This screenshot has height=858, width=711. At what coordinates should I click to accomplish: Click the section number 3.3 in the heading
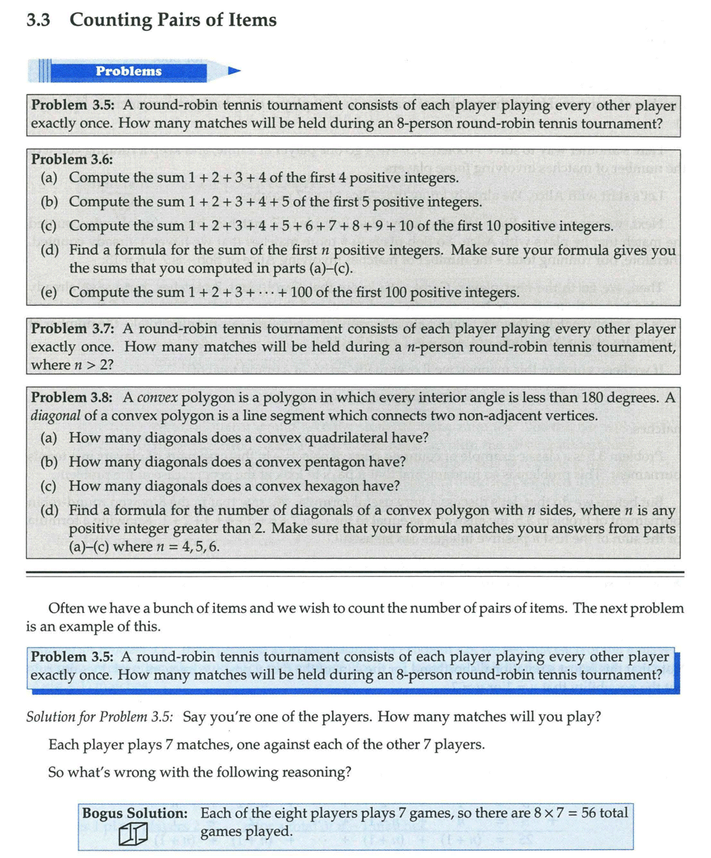(x=38, y=20)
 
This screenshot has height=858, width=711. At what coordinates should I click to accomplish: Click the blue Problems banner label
(x=128, y=71)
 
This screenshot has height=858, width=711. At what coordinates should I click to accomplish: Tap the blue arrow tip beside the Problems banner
(x=235, y=71)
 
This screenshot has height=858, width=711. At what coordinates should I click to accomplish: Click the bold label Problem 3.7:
(x=73, y=329)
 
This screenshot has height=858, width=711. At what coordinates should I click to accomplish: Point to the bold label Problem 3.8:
(x=73, y=398)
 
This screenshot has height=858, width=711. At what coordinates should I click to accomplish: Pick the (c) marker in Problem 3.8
(x=50, y=486)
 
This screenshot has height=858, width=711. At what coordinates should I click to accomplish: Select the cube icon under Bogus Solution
(x=133, y=834)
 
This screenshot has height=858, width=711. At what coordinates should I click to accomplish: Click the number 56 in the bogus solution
(x=589, y=813)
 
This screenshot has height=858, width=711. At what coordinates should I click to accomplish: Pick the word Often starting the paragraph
(x=67, y=609)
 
